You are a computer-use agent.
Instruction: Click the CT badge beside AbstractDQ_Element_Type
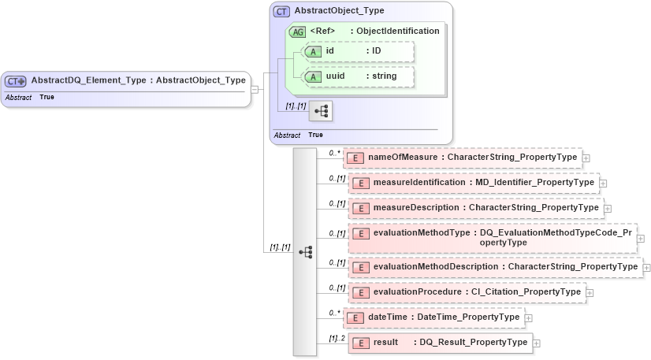pyautogui.click(x=16, y=80)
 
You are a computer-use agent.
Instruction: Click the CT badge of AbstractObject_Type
pyautogui.click(x=281, y=12)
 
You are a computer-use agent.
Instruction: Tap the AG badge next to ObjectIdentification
pyautogui.click(x=298, y=32)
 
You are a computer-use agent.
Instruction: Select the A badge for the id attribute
pyautogui.click(x=313, y=51)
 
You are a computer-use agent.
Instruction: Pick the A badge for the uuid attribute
pyautogui.click(x=313, y=76)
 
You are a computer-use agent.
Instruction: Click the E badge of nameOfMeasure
pyautogui.click(x=355, y=158)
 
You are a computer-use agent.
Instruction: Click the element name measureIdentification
pyautogui.click(x=419, y=182)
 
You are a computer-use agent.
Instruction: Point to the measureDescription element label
pyautogui.click(x=415, y=207)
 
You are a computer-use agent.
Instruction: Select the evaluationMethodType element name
pyautogui.click(x=421, y=233)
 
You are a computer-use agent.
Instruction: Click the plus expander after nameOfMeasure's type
pyautogui.click(x=586, y=158)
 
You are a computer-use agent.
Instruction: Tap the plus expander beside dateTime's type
pyautogui.click(x=528, y=317)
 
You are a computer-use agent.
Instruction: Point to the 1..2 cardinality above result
pyautogui.click(x=337, y=338)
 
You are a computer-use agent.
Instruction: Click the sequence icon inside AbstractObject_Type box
pyautogui.click(x=322, y=112)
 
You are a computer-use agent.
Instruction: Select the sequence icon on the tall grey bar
pyautogui.click(x=306, y=252)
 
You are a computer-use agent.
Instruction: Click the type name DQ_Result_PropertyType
pyautogui.click(x=473, y=343)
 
